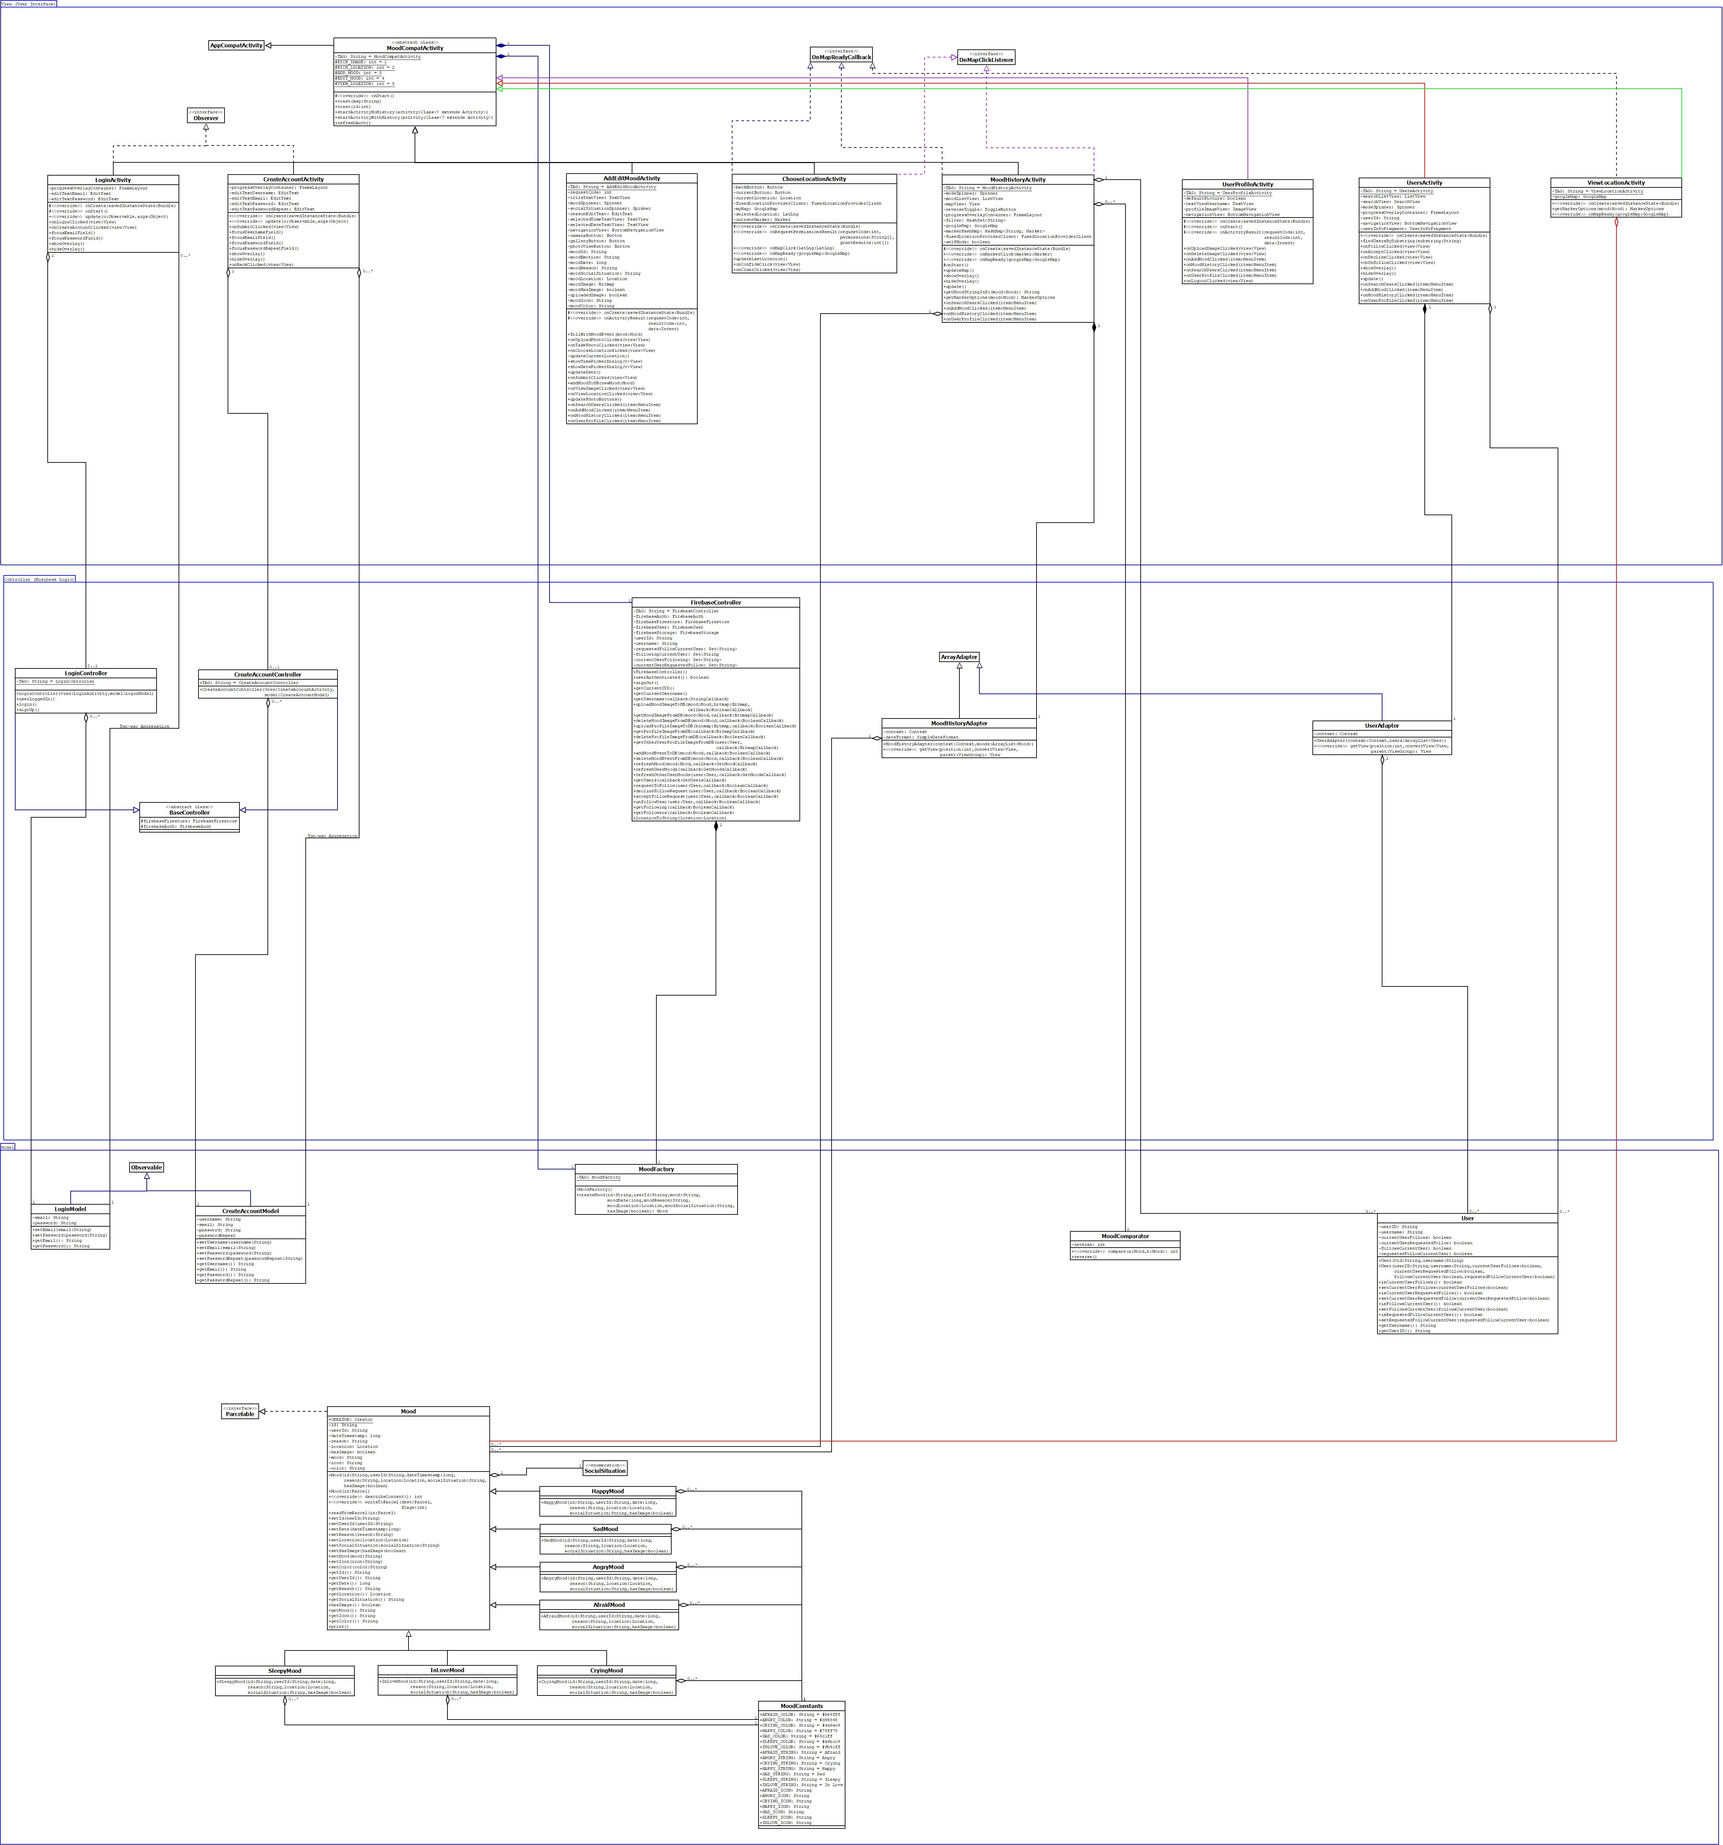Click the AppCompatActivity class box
tap(236, 45)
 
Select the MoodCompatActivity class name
tap(415, 48)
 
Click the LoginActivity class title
tap(113, 180)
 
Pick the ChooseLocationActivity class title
tap(814, 179)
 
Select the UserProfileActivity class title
tap(1247, 185)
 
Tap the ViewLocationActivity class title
tap(1615, 183)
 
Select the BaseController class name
tap(189, 813)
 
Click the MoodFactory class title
tap(656, 1169)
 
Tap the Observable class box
tap(147, 1167)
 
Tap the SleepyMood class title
tap(285, 1670)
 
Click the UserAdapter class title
tap(1381, 726)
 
